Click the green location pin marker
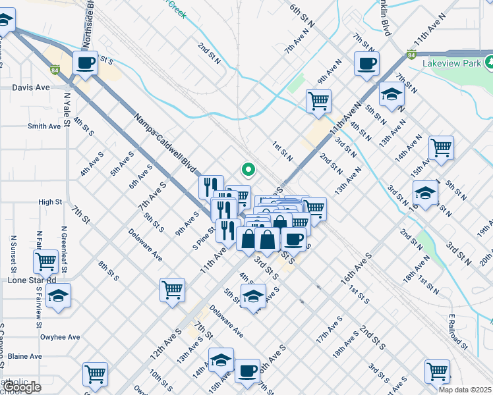click(x=248, y=170)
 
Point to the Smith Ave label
click(x=44, y=126)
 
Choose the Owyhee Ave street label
click(x=60, y=337)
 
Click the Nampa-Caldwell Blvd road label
click(x=166, y=143)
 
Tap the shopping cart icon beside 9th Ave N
click(x=318, y=101)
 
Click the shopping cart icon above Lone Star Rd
click(x=45, y=261)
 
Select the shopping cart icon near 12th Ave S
click(x=172, y=289)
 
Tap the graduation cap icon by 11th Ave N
click(x=392, y=93)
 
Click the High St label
click(x=50, y=202)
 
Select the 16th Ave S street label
click(x=357, y=262)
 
